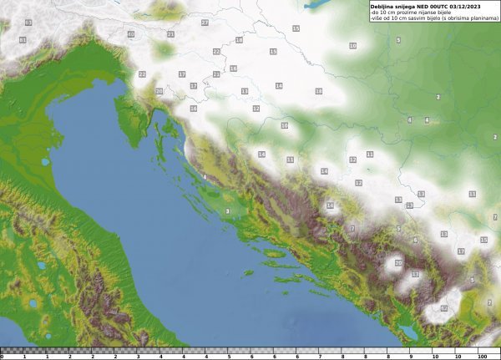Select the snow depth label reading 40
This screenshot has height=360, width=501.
(131, 34)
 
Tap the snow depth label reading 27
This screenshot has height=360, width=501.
(205, 23)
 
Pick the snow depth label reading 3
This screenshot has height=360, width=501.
(227, 211)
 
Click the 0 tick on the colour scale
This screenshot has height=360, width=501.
(3, 356)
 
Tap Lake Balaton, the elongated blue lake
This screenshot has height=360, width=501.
(318, 5)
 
